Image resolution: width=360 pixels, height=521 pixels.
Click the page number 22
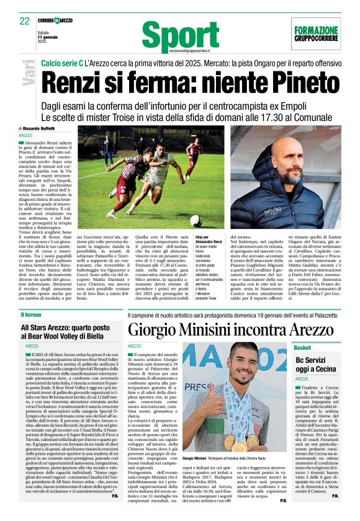(x=25, y=21)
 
